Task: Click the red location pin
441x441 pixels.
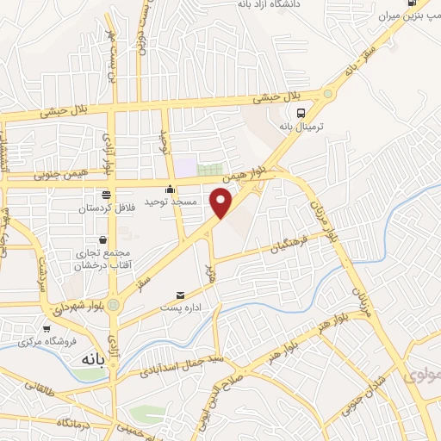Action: [222, 202]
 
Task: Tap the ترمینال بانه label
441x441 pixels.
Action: [299, 126]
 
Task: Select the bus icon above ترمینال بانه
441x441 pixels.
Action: [300, 112]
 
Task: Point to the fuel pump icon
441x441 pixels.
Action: [422, 3]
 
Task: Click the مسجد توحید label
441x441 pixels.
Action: [171, 202]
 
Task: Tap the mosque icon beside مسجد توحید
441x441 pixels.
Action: [171, 189]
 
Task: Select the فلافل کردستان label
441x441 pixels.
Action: [105, 208]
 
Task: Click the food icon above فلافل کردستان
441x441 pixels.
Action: [105, 195]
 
